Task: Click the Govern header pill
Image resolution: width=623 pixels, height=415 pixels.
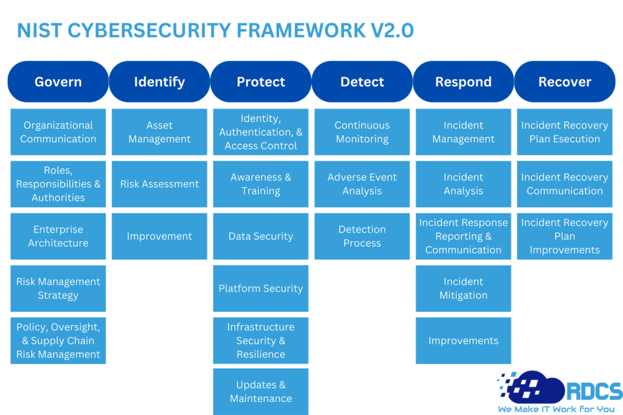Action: [58, 81]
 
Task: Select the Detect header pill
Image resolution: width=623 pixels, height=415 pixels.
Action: [362, 81]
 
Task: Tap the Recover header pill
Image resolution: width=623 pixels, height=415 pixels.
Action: [565, 81]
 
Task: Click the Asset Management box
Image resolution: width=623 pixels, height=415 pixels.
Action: [159, 132]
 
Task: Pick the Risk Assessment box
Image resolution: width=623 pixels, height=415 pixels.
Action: [159, 184]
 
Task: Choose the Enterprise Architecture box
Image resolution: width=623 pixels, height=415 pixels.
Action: [58, 236]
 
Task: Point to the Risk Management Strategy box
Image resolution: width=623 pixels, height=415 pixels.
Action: [58, 288]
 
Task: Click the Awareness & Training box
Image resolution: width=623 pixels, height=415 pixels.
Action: [260, 184]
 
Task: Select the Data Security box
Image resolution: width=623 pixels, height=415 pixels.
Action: [260, 236]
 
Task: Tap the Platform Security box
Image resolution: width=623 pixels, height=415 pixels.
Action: [260, 288]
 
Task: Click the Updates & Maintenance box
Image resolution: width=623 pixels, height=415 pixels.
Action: [260, 391]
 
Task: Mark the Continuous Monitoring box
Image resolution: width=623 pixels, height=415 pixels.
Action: [362, 132]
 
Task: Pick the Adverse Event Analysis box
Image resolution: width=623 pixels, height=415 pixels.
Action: [362, 184]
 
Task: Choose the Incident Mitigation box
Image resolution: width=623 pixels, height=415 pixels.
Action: [463, 288]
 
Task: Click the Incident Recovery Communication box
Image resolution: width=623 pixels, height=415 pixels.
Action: [565, 184]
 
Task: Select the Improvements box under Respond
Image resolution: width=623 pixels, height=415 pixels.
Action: [463, 340]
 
